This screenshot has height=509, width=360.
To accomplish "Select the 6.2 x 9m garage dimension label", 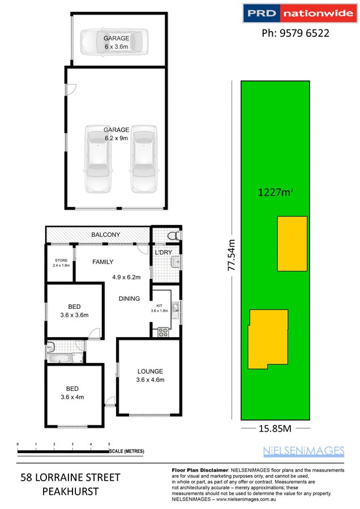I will tap(117, 137).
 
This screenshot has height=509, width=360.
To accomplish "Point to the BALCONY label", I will tap(106, 235).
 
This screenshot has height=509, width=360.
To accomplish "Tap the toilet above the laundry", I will tap(174, 235).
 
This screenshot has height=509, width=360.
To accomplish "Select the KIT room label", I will tap(159, 305).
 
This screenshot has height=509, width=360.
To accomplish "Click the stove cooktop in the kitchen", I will tap(164, 331).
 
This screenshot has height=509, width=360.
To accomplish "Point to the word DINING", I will tap(129, 299).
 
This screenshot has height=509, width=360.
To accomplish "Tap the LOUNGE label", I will tap(150, 372).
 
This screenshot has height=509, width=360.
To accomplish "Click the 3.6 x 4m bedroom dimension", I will tap(72, 397).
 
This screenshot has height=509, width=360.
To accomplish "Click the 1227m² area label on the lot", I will tap(275, 193).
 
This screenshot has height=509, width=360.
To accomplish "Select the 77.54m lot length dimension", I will tap(232, 255).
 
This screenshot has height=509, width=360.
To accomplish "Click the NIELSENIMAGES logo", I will tap(303, 451).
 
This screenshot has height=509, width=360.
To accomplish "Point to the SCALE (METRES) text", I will tap(128, 451).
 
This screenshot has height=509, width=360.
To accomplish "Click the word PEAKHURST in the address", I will tap(70, 491).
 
